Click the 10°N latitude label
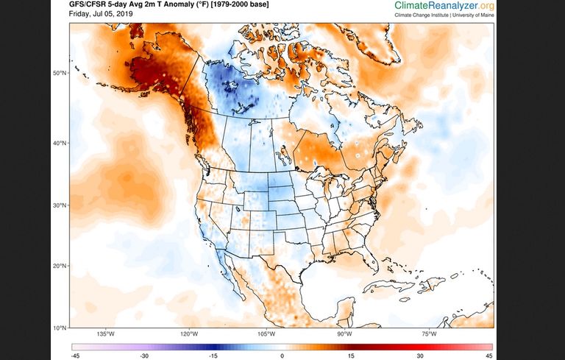(x=60, y=328)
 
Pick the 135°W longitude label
(x=106, y=334)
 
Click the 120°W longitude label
(x=190, y=334)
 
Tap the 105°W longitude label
(x=266, y=334)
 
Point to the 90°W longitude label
(x=345, y=334)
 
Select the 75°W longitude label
(x=429, y=334)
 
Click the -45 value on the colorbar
(x=75, y=356)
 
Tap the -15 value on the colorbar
(x=213, y=356)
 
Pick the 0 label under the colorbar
(x=282, y=356)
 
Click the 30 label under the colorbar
(x=420, y=356)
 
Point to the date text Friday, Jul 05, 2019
(x=101, y=14)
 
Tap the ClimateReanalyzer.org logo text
(x=444, y=5)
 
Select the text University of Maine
(x=473, y=15)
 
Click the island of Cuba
(x=389, y=285)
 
